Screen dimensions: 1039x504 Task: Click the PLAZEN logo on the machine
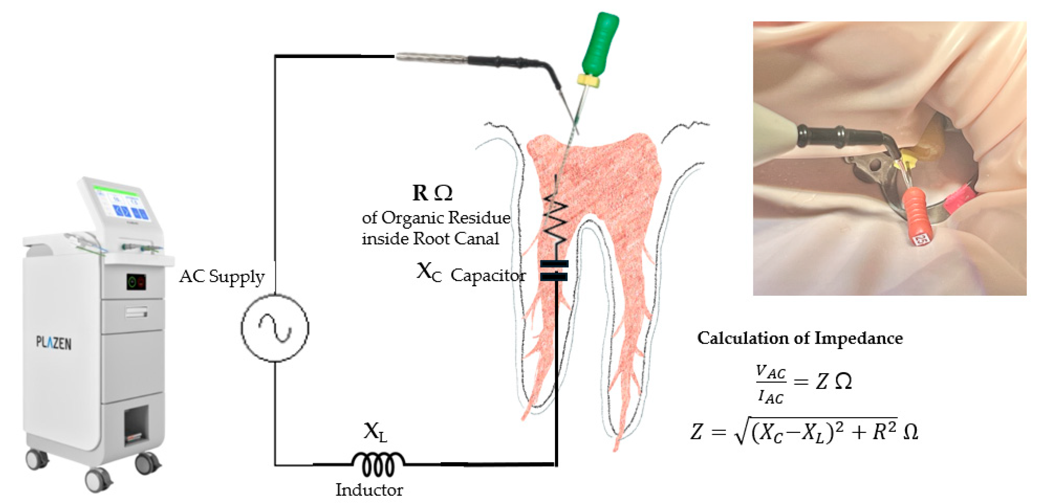click(54, 343)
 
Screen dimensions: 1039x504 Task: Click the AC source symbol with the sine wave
click(275, 328)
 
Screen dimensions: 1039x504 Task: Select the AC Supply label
click(222, 277)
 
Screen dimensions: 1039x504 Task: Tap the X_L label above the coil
click(375, 432)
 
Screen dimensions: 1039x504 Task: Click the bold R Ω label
click(432, 193)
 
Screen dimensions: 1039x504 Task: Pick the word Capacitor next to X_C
click(488, 276)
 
